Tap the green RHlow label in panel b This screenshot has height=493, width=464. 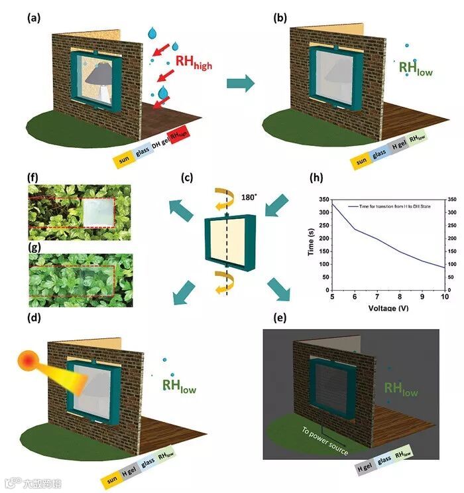pyautogui.click(x=415, y=67)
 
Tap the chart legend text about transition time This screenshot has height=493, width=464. pyautogui.click(x=392, y=208)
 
